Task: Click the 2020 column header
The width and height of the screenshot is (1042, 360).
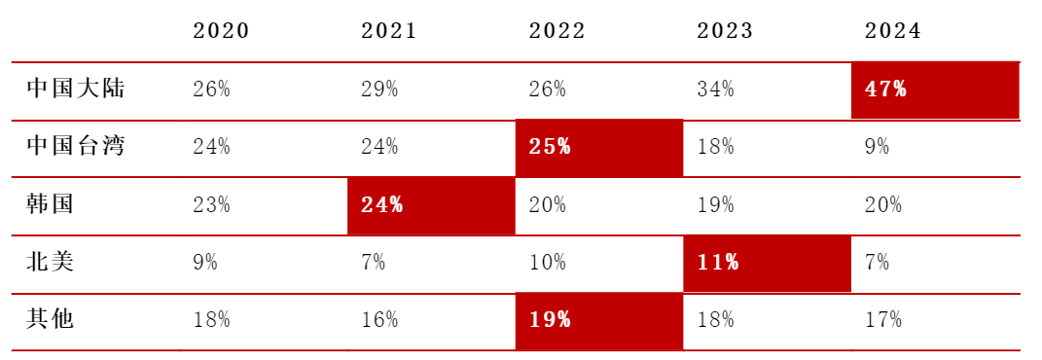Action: point(221,31)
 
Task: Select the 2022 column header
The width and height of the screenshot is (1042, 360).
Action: point(557,31)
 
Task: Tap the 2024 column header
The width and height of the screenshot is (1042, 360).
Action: point(893,31)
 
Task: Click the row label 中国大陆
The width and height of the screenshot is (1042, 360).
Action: point(76,89)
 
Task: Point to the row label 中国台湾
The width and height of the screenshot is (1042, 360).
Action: point(76,147)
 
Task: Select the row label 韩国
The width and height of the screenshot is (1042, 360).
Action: point(51,204)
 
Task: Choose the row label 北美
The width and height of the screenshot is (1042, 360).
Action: point(51,263)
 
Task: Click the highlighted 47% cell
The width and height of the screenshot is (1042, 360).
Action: point(935,90)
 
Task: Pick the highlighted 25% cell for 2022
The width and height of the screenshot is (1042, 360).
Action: point(598,148)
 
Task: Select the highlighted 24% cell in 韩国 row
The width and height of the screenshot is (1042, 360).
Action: point(431,206)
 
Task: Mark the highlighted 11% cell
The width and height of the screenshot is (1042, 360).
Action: point(767,264)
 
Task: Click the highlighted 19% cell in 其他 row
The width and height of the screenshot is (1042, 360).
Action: point(598,321)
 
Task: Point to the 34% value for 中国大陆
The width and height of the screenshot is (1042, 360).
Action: point(716,90)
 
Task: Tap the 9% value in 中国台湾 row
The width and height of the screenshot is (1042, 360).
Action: point(878,148)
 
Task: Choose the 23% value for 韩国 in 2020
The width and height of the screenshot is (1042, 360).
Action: point(211,205)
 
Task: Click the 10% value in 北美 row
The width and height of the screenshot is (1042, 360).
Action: point(548,263)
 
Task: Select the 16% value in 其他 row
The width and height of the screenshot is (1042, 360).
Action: point(379,321)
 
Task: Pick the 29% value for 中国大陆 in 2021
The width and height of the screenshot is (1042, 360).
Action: point(379,90)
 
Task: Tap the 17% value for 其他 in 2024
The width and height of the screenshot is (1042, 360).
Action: point(883,321)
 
